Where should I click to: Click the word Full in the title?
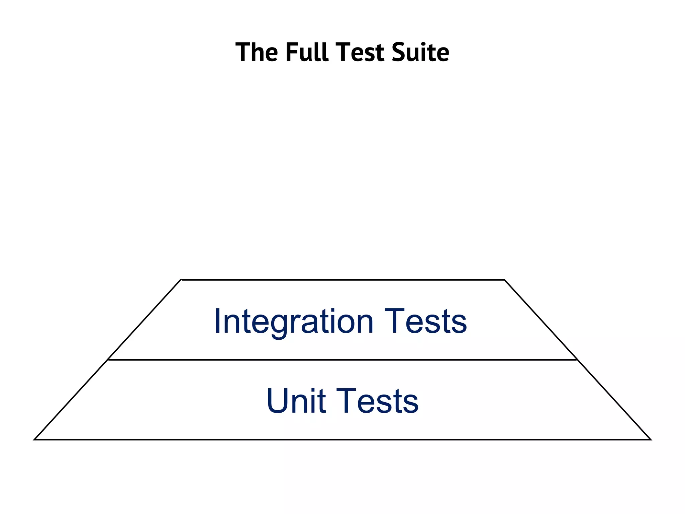coord(307,52)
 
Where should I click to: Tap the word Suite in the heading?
coord(420,52)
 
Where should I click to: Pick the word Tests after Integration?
coord(425,321)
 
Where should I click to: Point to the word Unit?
coord(296,401)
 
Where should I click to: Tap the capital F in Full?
coord(292,52)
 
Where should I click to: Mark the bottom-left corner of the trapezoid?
coord(34,439)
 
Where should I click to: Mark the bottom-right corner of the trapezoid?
coord(651,439)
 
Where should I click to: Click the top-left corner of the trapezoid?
coord(181,279)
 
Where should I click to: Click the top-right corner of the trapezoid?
coord(504,279)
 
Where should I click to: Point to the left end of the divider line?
coord(109,360)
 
